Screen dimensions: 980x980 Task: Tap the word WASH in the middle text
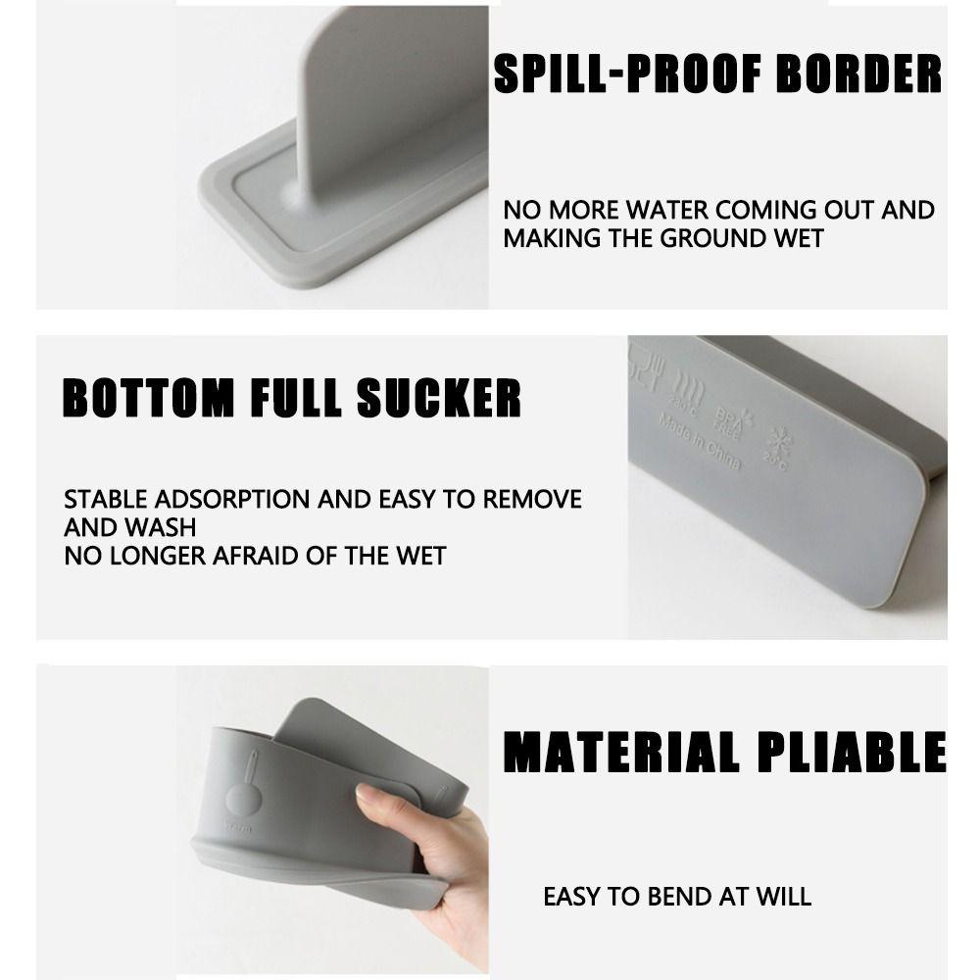[162, 527]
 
